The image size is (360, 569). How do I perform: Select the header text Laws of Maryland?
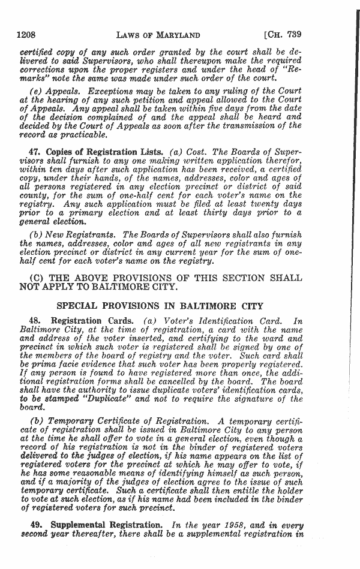coord(158,35)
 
